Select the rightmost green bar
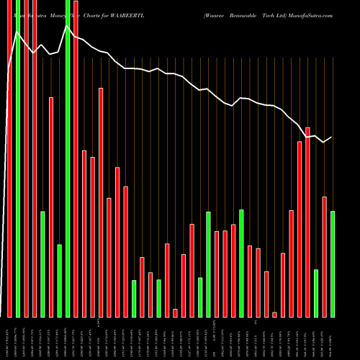click(333, 264)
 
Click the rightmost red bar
click(325, 256)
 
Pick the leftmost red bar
click(9, 158)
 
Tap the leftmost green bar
click(17, 158)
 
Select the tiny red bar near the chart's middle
click(175, 312)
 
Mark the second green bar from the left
click(42, 264)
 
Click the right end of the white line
click(332, 137)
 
